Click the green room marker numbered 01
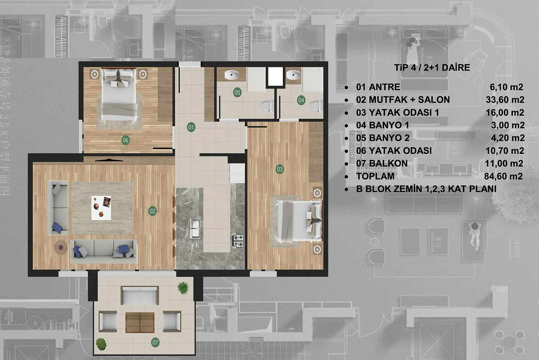[x=191, y=127]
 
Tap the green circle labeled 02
[x=152, y=211]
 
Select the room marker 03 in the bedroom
[x=280, y=169]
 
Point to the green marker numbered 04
[x=301, y=100]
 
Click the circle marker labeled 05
[x=237, y=92]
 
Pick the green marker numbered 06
[x=126, y=140]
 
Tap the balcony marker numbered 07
[x=155, y=342]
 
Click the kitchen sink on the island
[x=195, y=228]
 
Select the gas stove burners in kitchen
[x=238, y=240]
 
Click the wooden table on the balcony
[x=140, y=323]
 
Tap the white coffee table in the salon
[x=101, y=208]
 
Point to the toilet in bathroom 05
[x=267, y=106]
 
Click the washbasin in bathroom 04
[x=293, y=74]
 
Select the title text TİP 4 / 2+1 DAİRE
[x=432, y=67]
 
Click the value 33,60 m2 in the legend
[x=505, y=99]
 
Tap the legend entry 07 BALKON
[x=382, y=163]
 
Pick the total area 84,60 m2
[x=503, y=176]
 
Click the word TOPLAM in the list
[x=376, y=176]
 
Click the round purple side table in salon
[x=61, y=247]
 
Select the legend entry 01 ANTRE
[x=378, y=87]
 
